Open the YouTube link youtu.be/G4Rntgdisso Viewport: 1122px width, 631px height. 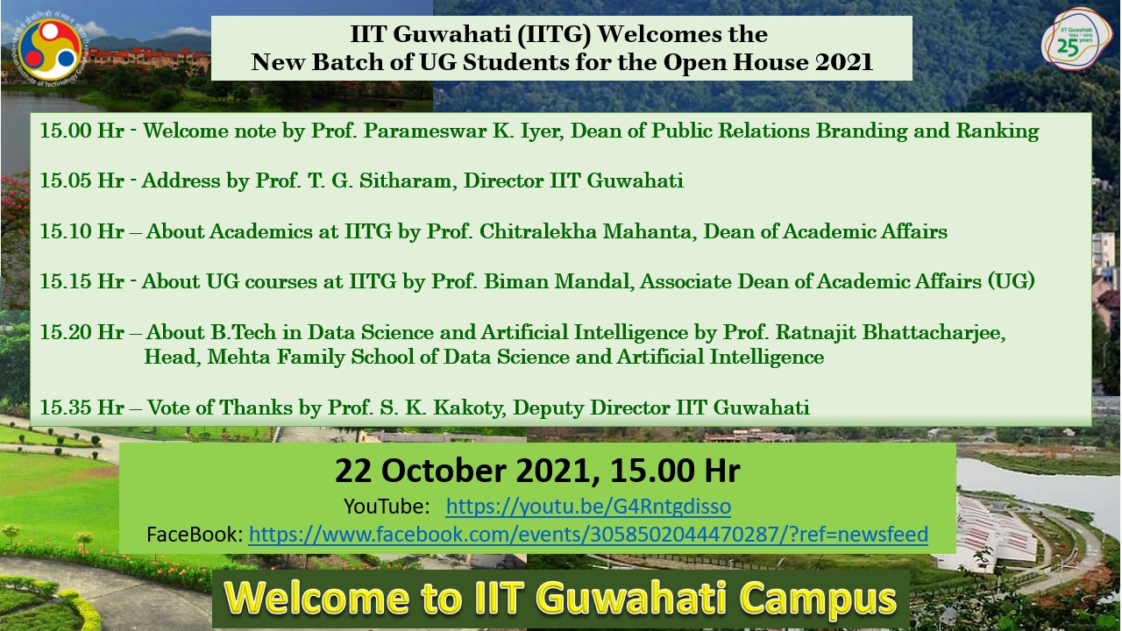tap(588, 507)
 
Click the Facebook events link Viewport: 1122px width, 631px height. tap(588, 535)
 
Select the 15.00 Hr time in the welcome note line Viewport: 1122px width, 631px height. tap(82, 131)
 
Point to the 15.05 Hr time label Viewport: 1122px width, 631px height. tap(82, 181)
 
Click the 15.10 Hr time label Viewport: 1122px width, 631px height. tap(82, 231)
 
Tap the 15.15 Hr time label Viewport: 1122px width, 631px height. tap(82, 281)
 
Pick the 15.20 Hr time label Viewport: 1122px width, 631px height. tap(82, 332)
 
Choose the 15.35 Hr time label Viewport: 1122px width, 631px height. tap(82, 408)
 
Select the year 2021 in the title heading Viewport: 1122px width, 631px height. tap(843, 62)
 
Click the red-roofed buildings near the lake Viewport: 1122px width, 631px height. tap(149, 59)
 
